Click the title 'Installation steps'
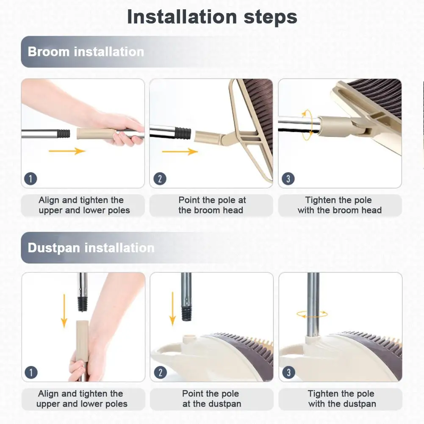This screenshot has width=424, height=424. pyautogui.click(x=212, y=17)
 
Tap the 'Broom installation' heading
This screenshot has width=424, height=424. pyautogui.click(x=86, y=52)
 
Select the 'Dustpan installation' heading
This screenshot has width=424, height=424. pyautogui.click(x=91, y=248)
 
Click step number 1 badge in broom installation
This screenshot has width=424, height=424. pyautogui.click(x=30, y=179)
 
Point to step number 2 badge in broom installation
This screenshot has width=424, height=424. pyautogui.click(x=160, y=179)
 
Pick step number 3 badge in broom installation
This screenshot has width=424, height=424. pyautogui.click(x=288, y=179)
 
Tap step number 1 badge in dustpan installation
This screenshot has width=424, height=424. pyautogui.click(x=31, y=372)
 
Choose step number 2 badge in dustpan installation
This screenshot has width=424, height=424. pyautogui.click(x=161, y=372)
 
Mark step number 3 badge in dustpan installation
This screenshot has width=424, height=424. pyautogui.click(x=288, y=372)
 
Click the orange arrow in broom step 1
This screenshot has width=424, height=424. pyautogui.click(x=67, y=151)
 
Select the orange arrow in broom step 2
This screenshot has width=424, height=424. pyautogui.click(x=180, y=152)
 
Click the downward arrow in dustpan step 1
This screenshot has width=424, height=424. pyautogui.click(x=64, y=311)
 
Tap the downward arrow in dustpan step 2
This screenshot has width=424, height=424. pyautogui.click(x=172, y=309)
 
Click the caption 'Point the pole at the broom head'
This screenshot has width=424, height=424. pyautogui.click(x=212, y=205)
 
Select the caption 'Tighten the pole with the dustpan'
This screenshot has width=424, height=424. pyautogui.click(x=342, y=399)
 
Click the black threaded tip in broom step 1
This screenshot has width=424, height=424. pyautogui.click(x=64, y=133)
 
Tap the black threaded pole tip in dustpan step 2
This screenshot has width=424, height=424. pyautogui.click(x=186, y=313)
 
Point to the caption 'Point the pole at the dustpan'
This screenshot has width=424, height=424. pyautogui.click(x=211, y=399)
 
